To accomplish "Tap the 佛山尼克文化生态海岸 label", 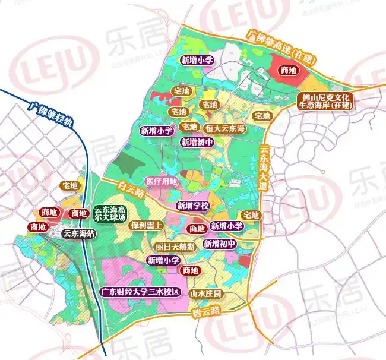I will pos(325,100).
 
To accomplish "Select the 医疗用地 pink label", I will pos(161,181).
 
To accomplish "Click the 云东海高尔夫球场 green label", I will pos(110,214).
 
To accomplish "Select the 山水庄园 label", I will pos(205,294).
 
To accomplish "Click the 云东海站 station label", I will pos(79,233).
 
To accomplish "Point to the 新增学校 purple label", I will pos(193,206).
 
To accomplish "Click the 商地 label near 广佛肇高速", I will pos(289,70).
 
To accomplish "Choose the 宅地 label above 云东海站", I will pos(69,186).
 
